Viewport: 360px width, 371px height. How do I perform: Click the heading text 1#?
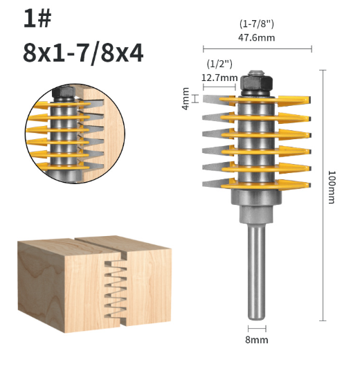tap(37, 19)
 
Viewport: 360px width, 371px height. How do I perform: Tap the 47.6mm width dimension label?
tap(257, 38)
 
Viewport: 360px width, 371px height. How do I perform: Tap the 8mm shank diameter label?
tap(257, 339)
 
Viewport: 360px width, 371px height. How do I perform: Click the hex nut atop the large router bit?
tap(256, 84)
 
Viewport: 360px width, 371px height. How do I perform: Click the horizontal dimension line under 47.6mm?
tap(257, 49)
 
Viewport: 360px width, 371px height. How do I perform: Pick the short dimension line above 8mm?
tap(257, 328)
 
